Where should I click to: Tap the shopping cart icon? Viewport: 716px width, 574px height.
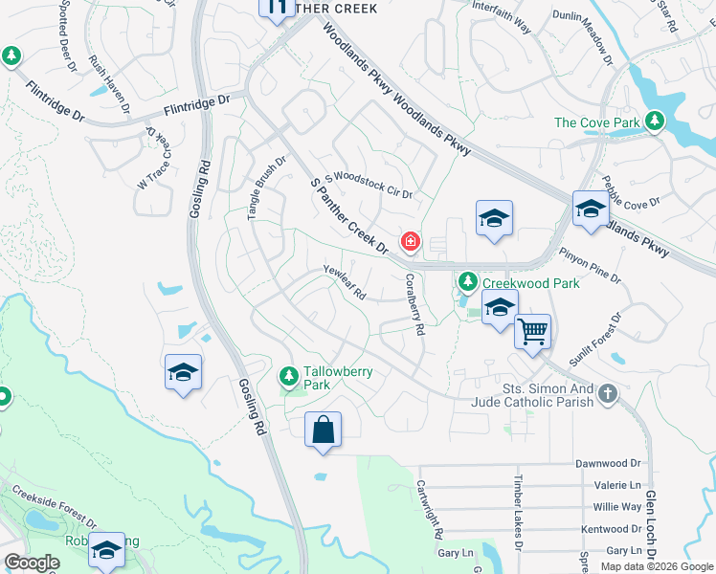(x=532, y=333)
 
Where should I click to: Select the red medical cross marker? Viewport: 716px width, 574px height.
(x=411, y=242)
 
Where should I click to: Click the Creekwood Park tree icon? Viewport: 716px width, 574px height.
(x=468, y=282)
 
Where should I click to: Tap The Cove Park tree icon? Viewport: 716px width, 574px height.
(x=655, y=121)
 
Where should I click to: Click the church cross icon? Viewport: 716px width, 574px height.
(x=607, y=394)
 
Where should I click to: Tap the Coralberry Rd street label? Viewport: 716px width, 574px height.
(x=414, y=304)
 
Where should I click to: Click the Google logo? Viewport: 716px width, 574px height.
(x=33, y=563)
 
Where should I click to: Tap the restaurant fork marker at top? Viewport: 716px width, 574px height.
(x=277, y=9)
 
